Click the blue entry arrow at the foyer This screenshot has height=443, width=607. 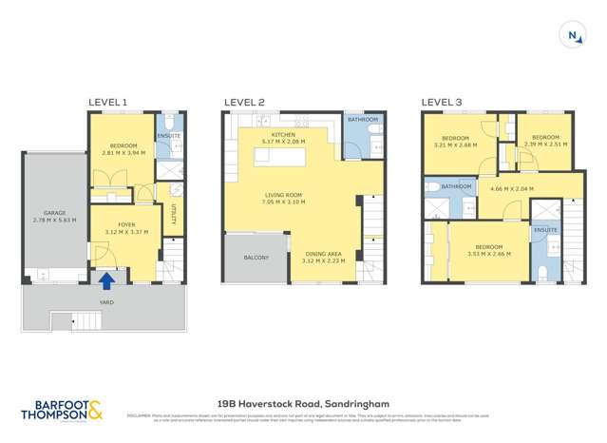[107, 279]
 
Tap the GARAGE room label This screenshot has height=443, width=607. [54, 213]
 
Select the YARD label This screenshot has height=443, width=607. [106, 302]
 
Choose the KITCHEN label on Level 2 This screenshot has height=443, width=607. [284, 136]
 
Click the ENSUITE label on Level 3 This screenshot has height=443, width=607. [545, 230]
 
